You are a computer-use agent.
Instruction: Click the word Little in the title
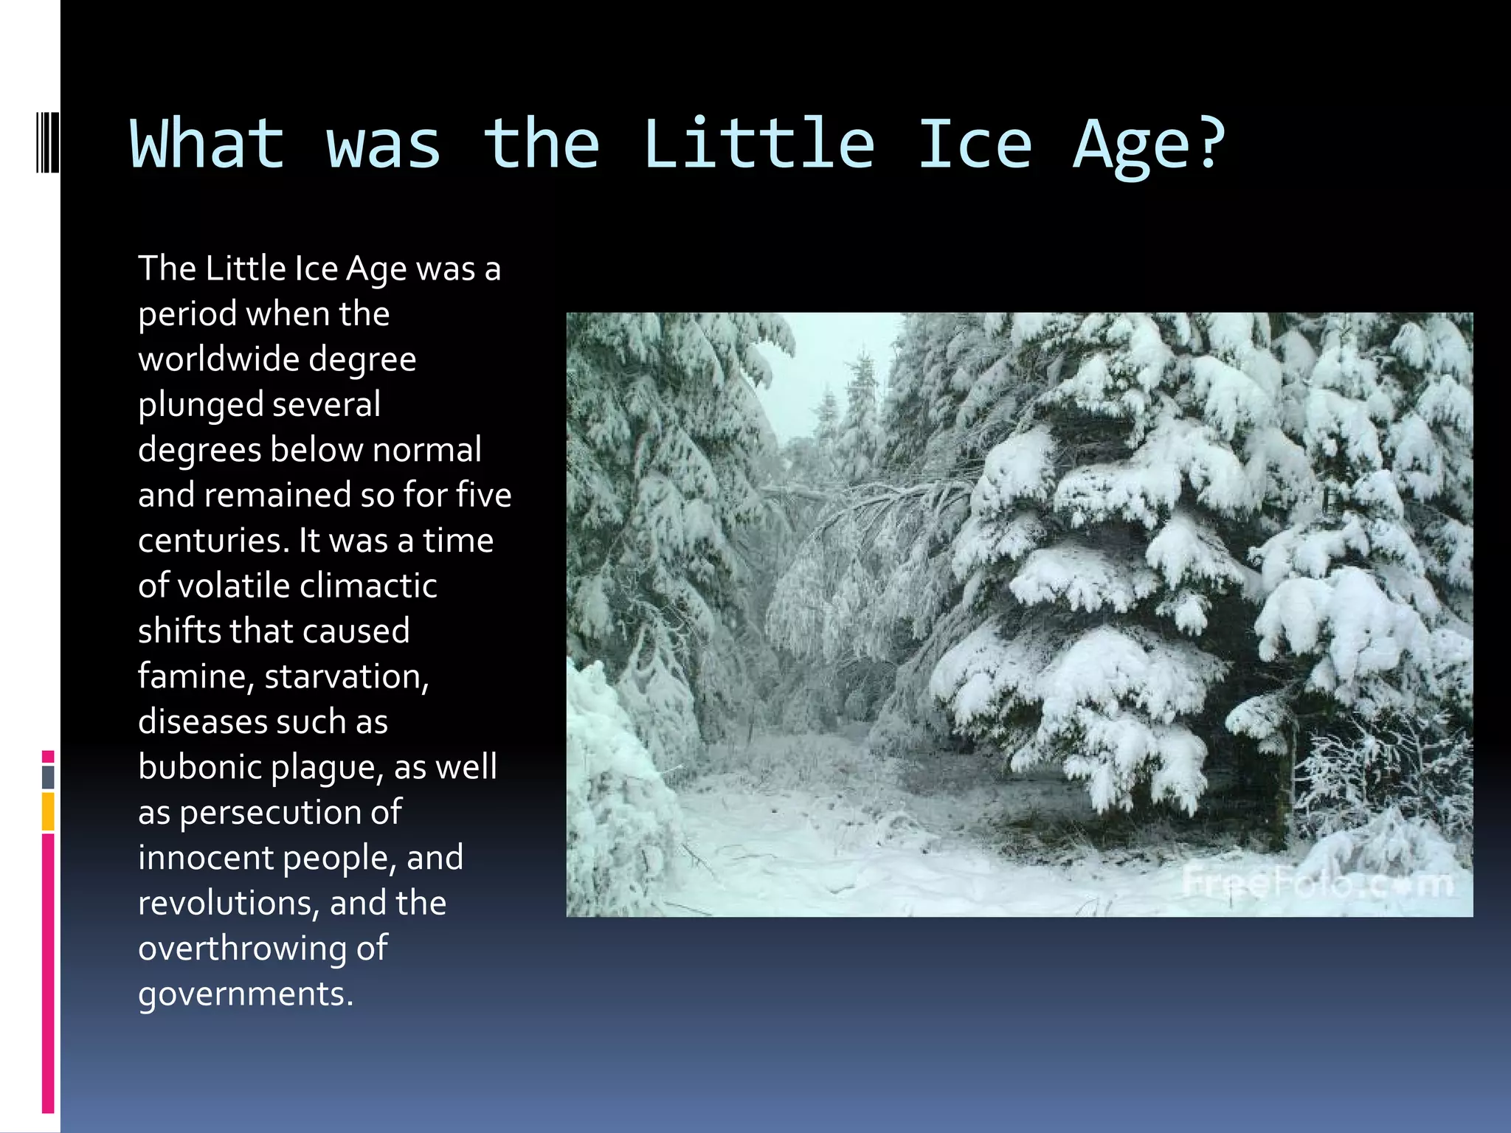tap(758, 144)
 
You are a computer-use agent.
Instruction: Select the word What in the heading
tap(207, 144)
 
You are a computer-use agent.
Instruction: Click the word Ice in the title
tap(974, 144)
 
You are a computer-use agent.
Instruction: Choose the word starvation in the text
tap(345, 676)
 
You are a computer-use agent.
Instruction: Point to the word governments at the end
tap(245, 994)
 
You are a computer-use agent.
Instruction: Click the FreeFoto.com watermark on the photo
tap(1317, 884)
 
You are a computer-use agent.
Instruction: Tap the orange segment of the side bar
tap(48, 811)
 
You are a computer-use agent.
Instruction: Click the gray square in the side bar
tap(48, 777)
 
